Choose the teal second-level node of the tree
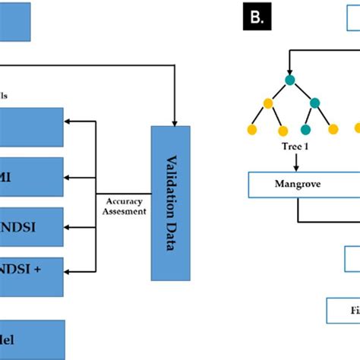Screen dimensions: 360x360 [311, 103]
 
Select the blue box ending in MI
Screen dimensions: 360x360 [31, 178]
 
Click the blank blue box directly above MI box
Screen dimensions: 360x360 [31, 127]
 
